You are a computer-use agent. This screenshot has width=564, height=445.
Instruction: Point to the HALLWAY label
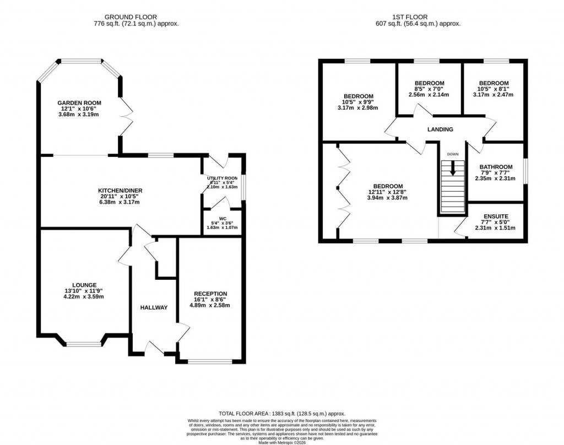point(154,307)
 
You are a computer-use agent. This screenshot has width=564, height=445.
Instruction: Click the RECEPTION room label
point(210,294)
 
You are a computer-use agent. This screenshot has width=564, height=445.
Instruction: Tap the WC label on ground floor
point(223,219)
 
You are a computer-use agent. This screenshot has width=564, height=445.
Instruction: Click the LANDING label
point(440,129)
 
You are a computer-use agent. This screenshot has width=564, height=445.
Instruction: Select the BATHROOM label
point(496,167)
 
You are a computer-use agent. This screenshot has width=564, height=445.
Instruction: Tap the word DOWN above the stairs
point(452,154)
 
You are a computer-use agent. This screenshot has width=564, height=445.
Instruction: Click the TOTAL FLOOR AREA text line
point(281,413)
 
